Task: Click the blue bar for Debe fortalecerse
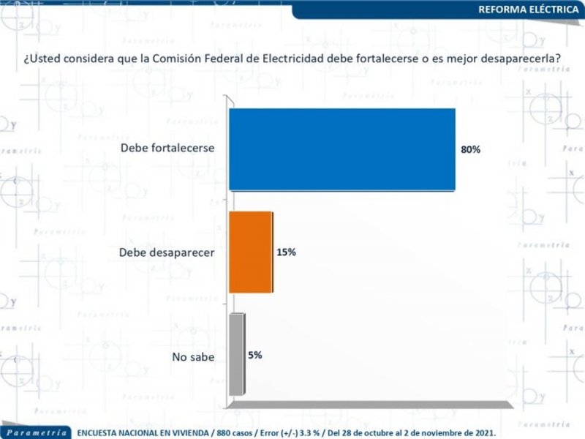click(342, 149)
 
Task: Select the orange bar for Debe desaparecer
click(250, 252)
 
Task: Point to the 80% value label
click(470, 149)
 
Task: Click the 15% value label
click(286, 252)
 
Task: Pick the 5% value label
click(254, 355)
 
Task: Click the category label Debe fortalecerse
click(167, 148)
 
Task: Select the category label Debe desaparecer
click(165, 252)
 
